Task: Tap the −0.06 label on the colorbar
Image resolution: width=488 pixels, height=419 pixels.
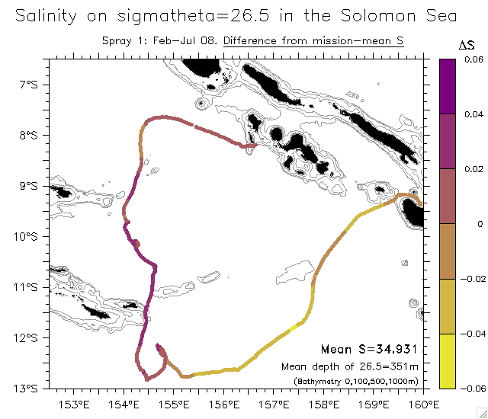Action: [472, 389]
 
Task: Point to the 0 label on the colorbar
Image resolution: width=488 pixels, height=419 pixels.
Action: [467, 224]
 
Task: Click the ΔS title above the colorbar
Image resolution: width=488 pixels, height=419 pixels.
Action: [467, 46]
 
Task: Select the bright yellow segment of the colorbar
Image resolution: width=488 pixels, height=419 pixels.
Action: [448, 361]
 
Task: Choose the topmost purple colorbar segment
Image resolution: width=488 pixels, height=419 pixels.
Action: [448, 86]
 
